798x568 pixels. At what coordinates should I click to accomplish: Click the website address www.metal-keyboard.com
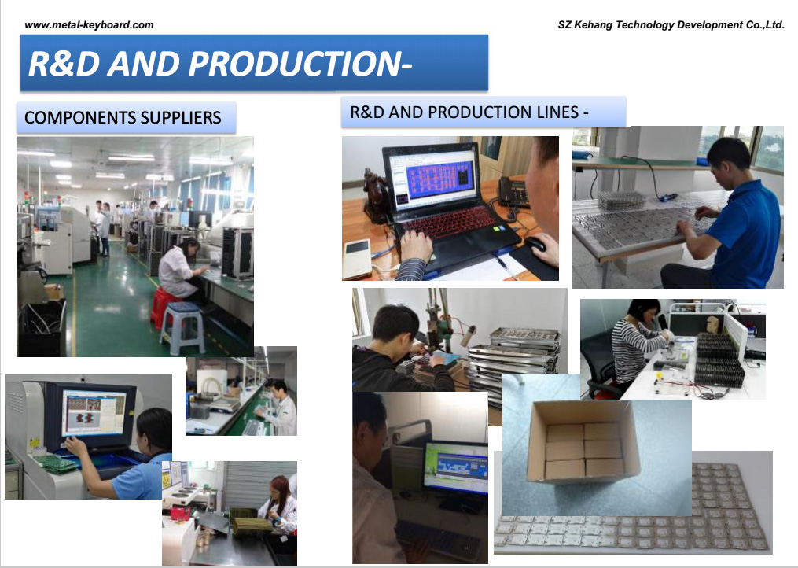[89, 24]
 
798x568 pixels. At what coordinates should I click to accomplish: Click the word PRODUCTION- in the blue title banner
[300, 64]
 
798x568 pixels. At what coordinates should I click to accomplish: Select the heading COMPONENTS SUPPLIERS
[123, 118]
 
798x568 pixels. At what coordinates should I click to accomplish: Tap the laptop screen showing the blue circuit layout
[432, 179]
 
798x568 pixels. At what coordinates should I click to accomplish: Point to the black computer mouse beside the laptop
[535, 244]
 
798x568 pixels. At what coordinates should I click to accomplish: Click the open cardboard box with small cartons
[583, 441]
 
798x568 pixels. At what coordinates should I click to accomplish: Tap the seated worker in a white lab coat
[181, 270]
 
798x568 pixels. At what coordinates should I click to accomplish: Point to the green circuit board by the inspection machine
[57, 463]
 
